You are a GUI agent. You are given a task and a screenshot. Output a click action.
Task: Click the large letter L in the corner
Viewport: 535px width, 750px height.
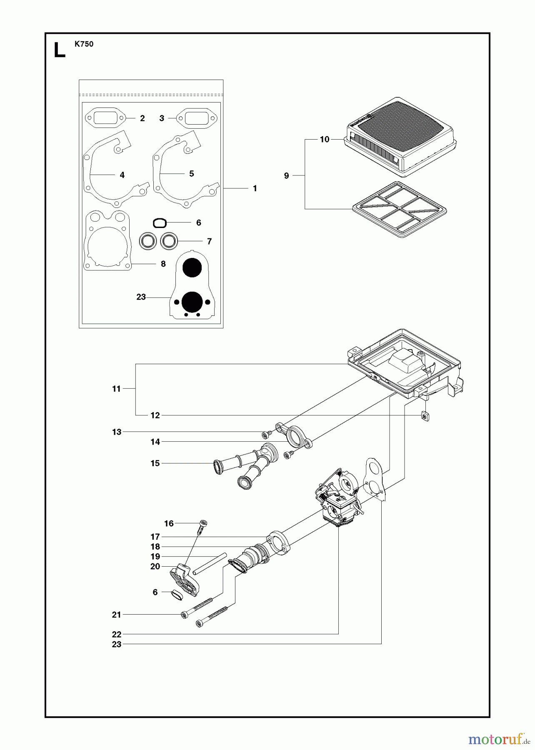coord(60,50)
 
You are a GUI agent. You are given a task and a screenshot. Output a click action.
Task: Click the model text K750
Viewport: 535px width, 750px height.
coord(84,44)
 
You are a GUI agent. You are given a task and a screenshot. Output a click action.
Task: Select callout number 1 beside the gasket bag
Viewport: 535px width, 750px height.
coord(255,188)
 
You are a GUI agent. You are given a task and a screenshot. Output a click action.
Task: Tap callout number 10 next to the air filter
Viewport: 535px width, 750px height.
coord(325,139)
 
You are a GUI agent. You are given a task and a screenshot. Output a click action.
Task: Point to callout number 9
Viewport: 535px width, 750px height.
coord(286,175)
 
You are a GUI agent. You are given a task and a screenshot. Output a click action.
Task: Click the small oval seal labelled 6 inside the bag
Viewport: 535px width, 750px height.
coord(160,223)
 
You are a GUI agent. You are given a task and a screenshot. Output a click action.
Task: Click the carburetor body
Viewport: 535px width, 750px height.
coord(340,502)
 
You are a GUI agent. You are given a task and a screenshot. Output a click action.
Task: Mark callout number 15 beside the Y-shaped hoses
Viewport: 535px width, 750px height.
coord(155,463)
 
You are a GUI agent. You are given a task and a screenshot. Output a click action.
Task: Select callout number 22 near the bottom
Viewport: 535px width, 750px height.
coord(117,634)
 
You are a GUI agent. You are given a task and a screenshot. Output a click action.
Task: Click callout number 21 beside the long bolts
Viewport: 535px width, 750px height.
coord(117,614)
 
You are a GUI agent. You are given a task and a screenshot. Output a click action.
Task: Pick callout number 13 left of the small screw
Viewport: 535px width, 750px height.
coord(117,432)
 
